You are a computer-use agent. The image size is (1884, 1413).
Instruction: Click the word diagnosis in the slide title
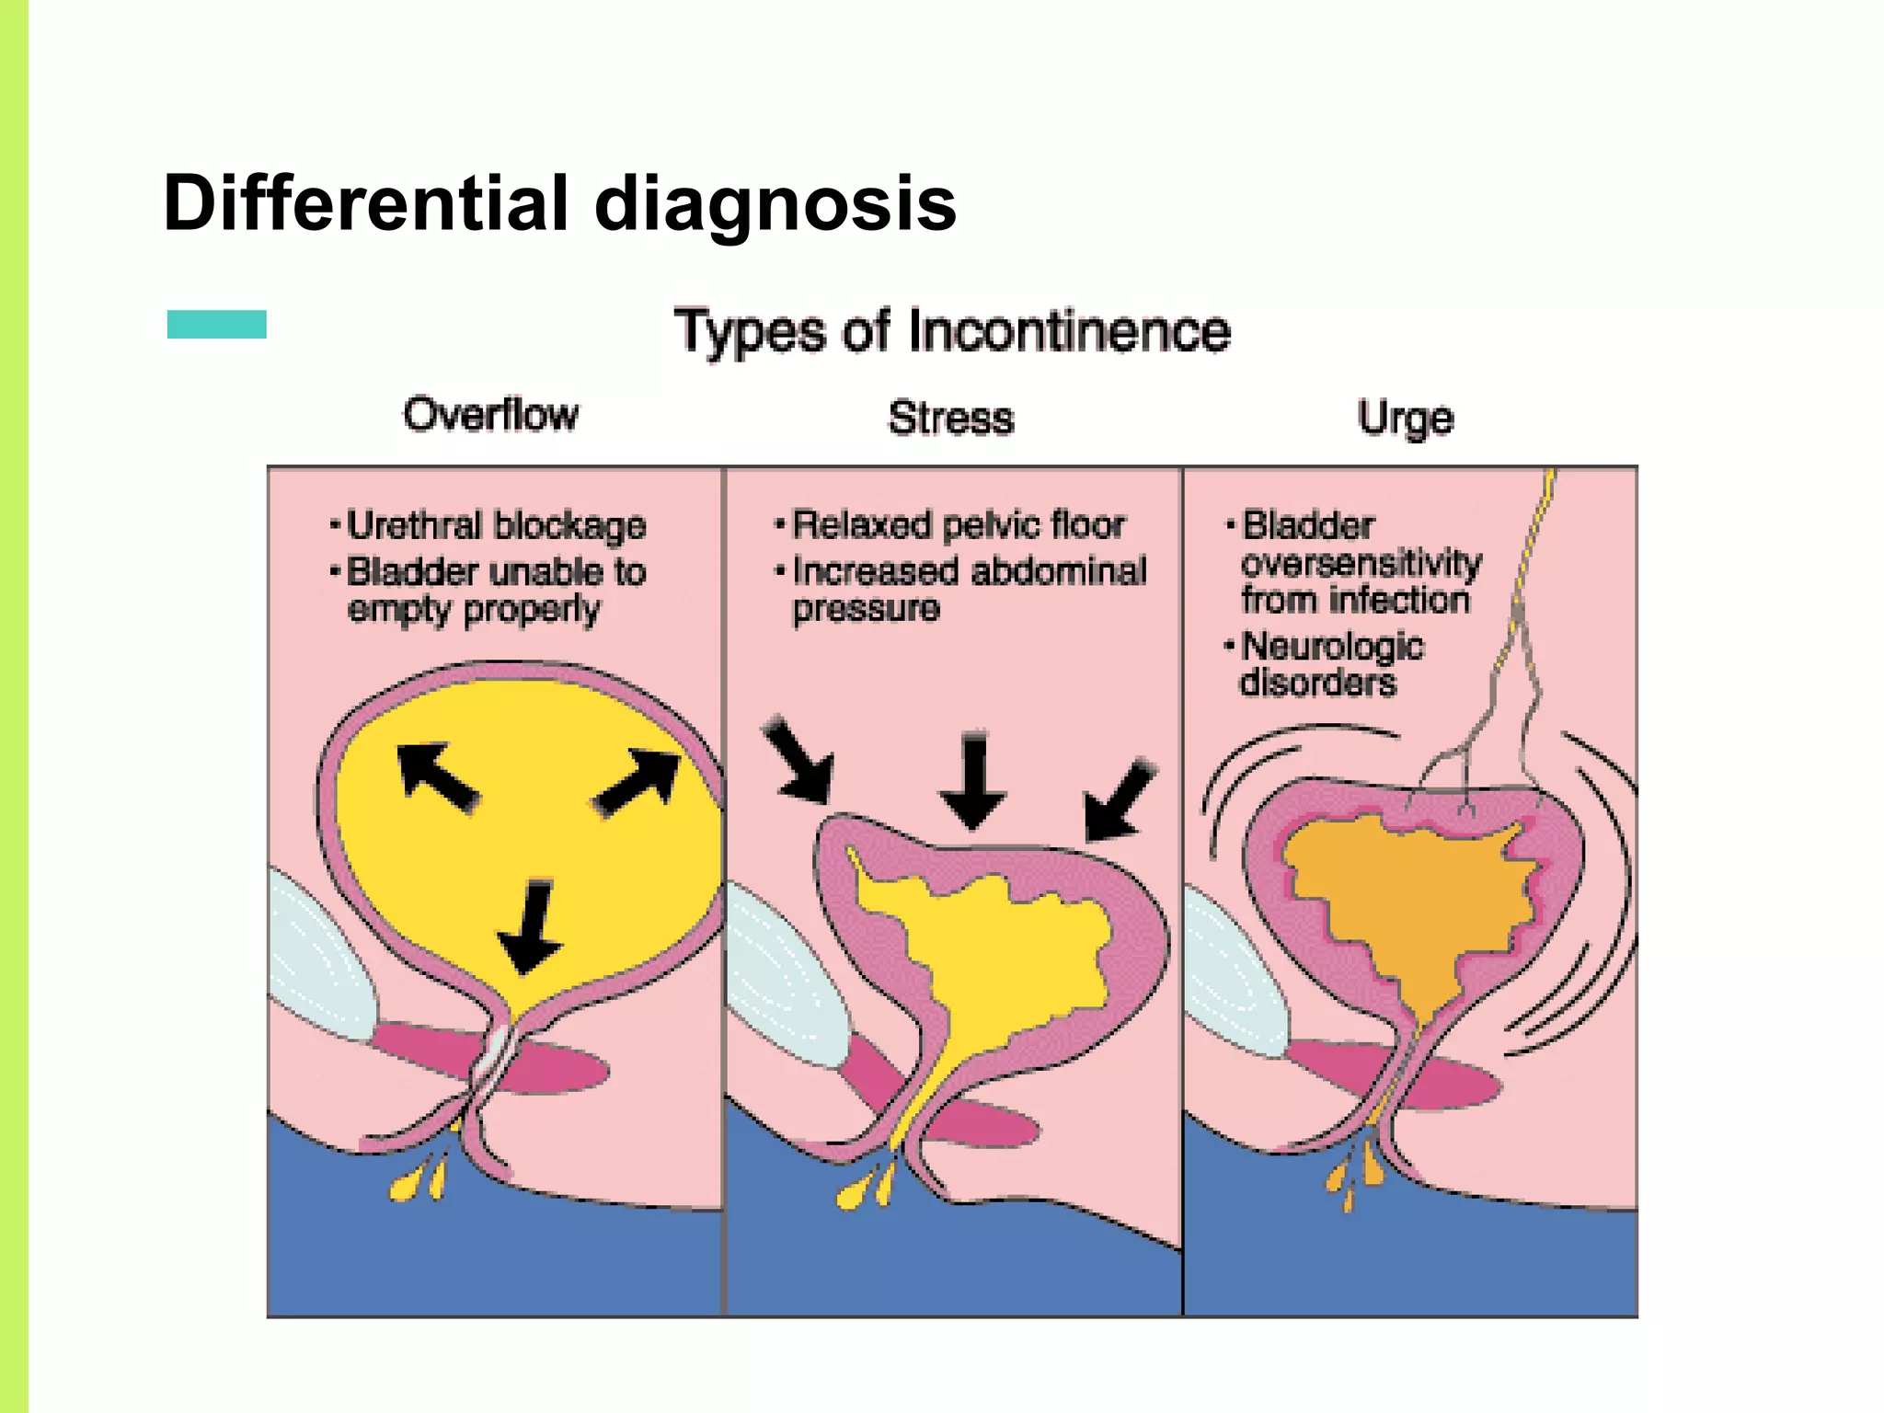[x=775, y=204]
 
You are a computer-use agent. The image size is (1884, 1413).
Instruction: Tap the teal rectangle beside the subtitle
[x=217, y=324]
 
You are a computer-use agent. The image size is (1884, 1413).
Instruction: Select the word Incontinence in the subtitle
[x=1069, y=331]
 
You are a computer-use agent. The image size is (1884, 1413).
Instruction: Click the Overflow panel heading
[x=491, y=415]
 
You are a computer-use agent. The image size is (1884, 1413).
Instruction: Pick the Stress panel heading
[x=951, y=419]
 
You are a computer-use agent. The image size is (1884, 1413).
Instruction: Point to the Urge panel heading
[x=1406, y=419]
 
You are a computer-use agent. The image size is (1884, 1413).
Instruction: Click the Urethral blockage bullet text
[x=496, y=526]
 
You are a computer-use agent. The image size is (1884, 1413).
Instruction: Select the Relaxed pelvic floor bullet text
[x=958, y=525]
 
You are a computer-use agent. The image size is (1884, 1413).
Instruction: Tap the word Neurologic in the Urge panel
[x=1333, y=646]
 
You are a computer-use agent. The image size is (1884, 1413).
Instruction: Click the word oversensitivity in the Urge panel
[x=1361, y=563]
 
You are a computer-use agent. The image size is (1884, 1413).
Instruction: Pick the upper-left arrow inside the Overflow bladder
[x=436, y=776]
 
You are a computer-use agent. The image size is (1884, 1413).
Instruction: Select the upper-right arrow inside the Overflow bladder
[x=638, y=781]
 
